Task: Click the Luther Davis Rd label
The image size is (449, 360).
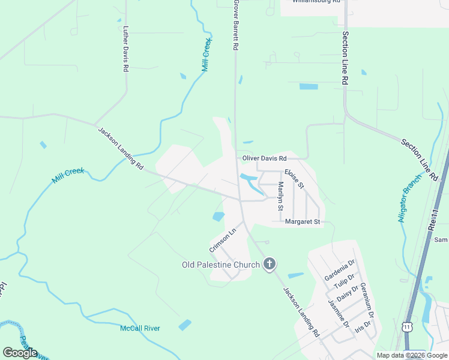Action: point(126,49)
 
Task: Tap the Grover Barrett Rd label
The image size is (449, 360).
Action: point(237,25)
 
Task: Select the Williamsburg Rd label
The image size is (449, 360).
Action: point(316,2)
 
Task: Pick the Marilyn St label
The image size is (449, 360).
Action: point(280,196)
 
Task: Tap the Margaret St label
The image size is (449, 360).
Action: point(303,222)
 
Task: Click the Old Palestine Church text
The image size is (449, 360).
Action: point(221,265)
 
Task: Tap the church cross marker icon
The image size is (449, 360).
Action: point(270,264)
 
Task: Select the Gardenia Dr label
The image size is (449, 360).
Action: point(340,270)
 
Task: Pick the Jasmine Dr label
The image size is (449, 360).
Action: point(339,313)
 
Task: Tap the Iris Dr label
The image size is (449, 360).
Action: point(363,326)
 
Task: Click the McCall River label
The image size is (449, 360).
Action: point(140,328)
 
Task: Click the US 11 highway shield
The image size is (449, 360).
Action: point(408,326)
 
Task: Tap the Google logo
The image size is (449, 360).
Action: point(20,352)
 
